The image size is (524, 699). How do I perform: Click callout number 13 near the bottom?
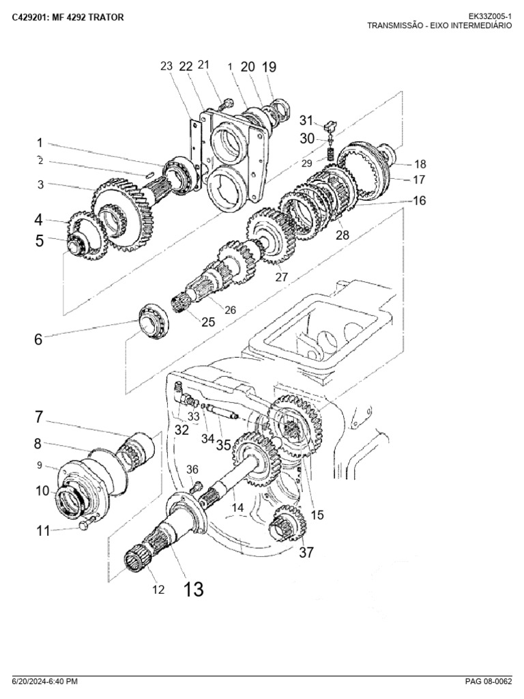click(x=193, y=589)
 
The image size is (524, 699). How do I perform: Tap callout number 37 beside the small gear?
click(x=306, y=552)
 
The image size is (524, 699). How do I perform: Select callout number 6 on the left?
click(x=38, y=339)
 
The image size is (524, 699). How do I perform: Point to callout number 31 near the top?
click(x=306, y=120)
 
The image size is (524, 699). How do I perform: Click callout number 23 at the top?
click(x=166, y=66)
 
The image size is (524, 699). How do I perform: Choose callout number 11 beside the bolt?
click(x=43, y=530)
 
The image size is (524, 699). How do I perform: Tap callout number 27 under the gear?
click(x=282, y=277)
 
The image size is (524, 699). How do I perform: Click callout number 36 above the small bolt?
click(x=192, y=470)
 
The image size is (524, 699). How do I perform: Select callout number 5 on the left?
click(x=40, y=241)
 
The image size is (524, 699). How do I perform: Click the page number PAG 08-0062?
click(x=489, y=682)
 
